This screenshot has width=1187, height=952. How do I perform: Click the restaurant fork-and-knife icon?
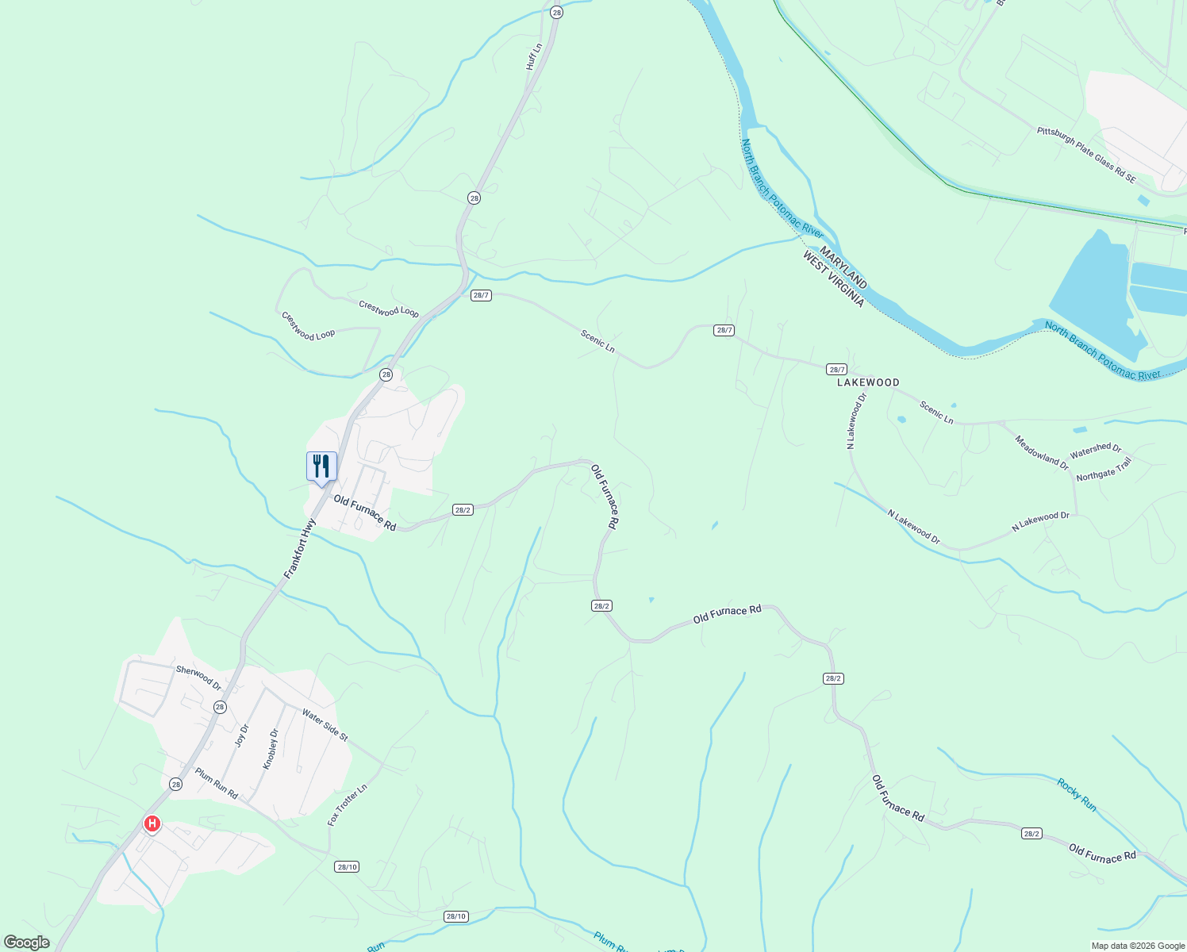point(321,466)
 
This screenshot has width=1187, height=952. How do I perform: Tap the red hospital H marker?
point(152,824)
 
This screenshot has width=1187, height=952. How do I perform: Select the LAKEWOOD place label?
point(868,382)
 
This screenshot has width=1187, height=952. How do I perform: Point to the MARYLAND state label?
point(843,267)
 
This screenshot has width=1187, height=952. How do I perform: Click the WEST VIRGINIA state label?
point(832,279)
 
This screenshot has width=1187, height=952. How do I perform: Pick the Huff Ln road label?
point(534,56)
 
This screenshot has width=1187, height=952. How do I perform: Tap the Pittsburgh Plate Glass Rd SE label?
point(1086,154)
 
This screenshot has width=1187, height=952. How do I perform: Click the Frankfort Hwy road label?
point(300,548)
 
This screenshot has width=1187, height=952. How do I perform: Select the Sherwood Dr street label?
point(198,678)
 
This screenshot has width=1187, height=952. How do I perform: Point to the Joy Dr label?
point(242,735)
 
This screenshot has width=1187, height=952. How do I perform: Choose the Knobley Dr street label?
point(271,749)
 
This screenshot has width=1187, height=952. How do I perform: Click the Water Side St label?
point(325,725)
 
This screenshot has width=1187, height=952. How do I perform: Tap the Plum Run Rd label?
point(217,782)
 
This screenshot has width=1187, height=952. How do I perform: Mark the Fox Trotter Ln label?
point(348,805)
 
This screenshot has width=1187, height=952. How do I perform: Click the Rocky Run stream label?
point(1077,794)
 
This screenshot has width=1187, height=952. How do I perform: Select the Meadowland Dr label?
point(1041,452)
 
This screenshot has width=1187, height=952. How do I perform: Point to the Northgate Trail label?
point(1104,470)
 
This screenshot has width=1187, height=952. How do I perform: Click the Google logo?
point(26,942)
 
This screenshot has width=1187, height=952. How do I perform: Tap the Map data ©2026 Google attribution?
point(1137,946)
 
